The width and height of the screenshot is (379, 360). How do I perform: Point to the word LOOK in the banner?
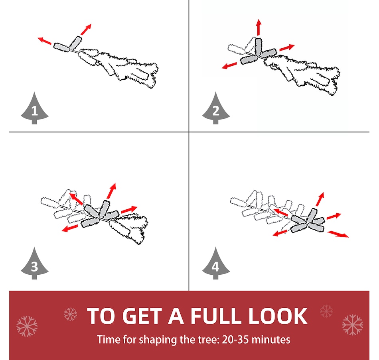[x=278, y=316]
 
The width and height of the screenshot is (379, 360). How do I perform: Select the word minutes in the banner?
[x=271, y=339]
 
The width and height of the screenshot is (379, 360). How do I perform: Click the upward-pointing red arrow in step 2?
[x=259, y=27]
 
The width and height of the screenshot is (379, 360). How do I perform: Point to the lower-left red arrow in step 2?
[x=229, y=65]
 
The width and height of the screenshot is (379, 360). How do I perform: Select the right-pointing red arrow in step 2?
[x=287, y=47]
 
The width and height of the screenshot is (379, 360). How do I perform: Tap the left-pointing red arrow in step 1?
[x=45, y=41]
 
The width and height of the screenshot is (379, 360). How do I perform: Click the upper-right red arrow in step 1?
[x=86, y=29]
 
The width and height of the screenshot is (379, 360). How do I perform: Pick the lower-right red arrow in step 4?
[x=338, y=234]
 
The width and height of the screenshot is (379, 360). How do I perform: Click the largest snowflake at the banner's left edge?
[x=27, y=326]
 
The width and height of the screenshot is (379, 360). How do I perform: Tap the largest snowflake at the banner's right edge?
[x=352, y=325]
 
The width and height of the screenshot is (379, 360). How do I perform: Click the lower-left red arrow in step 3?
[x=69, y=228]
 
